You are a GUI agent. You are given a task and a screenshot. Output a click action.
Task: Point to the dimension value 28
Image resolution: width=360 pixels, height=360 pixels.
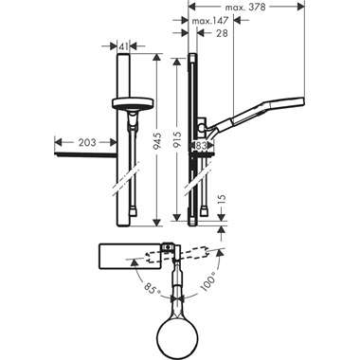click(x=221, y=33)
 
